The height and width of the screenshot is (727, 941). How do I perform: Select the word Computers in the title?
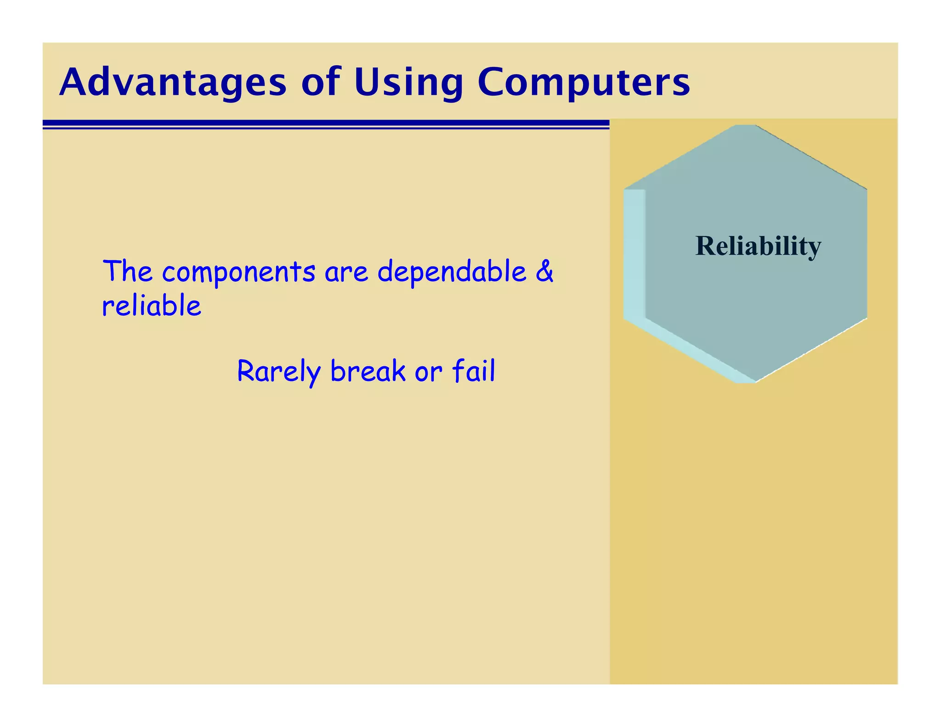click(584, 83)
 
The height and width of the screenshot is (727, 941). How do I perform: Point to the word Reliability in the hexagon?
click(758, 246)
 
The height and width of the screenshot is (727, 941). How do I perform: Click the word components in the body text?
click(238, 272)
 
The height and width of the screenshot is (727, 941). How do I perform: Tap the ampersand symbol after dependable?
click(544, 271)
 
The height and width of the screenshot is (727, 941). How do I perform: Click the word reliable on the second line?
click(152, 306)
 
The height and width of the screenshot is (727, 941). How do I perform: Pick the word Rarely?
click(278, 371)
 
